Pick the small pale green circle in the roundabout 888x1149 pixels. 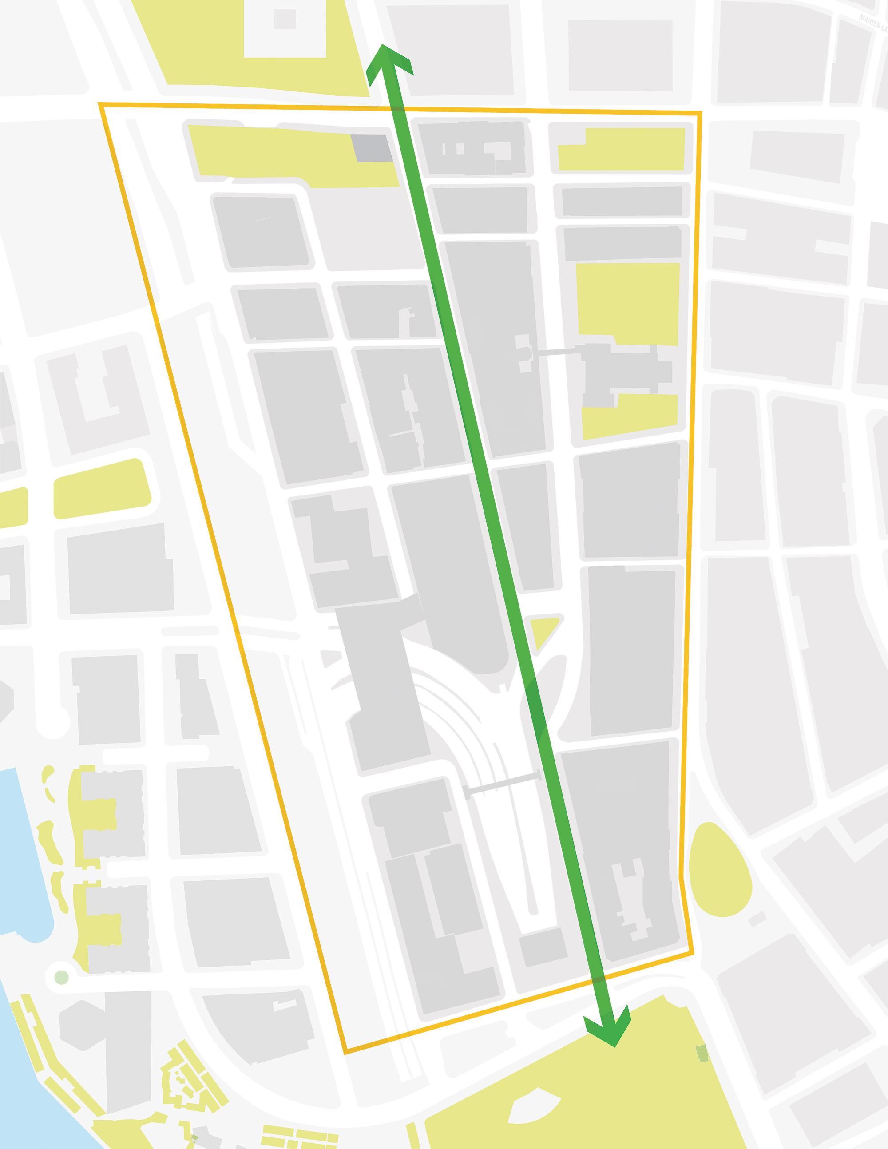62,977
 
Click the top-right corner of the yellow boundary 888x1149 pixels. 701,112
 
